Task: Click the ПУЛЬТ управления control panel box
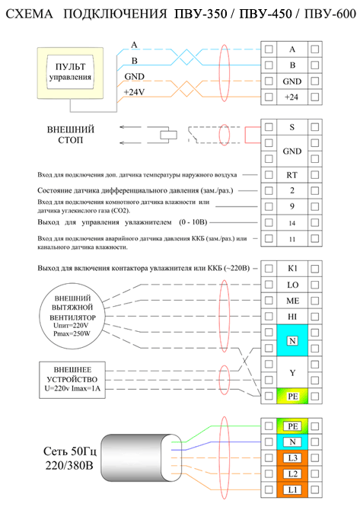click(70, 73)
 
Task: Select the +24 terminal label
click(292, 97)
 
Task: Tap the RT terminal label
click(292, 175)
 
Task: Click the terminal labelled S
click(292, 127)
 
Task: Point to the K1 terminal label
click(292, 269)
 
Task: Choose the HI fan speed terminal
click(292, 317)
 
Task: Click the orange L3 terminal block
click(292, 458)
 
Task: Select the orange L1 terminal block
click(292, 490)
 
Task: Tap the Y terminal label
click(292, 373)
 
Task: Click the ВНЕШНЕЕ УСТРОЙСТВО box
click(72, 380)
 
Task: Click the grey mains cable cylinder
click(141, 458)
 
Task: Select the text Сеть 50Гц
click(70, 451)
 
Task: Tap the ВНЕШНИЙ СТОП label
click(71, 135)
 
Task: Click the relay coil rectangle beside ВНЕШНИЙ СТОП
click(168, 135)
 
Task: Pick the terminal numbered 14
click(292, 223)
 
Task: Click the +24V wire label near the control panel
click(134, 92)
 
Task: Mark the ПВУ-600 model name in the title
click(330, 14)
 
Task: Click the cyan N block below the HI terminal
click(292, 340)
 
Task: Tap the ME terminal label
click(292, 301)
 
